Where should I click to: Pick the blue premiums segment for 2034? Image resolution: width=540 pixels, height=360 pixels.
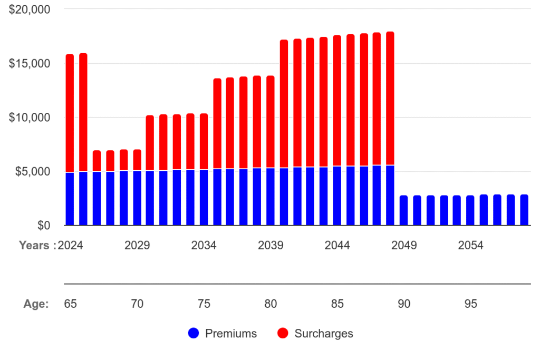tap(204, 198)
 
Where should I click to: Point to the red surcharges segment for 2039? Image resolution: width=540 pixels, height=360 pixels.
tap(271, 122)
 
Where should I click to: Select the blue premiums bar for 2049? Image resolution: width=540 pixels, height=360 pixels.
tap(404, 210)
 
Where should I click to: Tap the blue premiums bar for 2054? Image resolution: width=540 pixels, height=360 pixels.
tap(470, 210)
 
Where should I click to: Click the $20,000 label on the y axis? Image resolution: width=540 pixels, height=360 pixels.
tap(30, 9)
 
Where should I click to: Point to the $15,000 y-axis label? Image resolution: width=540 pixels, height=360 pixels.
tap(30, 64)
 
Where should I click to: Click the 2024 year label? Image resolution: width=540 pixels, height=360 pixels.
tap(71, 246)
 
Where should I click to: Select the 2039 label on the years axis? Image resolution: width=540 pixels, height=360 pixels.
tap(271, 246)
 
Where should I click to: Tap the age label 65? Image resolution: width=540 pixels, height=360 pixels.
tap(70, 304)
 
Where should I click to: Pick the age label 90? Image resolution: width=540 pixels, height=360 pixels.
tap(404, 304)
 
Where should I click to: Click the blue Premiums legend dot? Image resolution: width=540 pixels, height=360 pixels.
tap(194, 333)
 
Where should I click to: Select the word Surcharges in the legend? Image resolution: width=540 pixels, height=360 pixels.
tap(324, 333)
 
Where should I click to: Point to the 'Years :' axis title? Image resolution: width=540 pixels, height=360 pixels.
tap(37, 246)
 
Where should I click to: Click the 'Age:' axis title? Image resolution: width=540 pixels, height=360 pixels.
tap(36, 304)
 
